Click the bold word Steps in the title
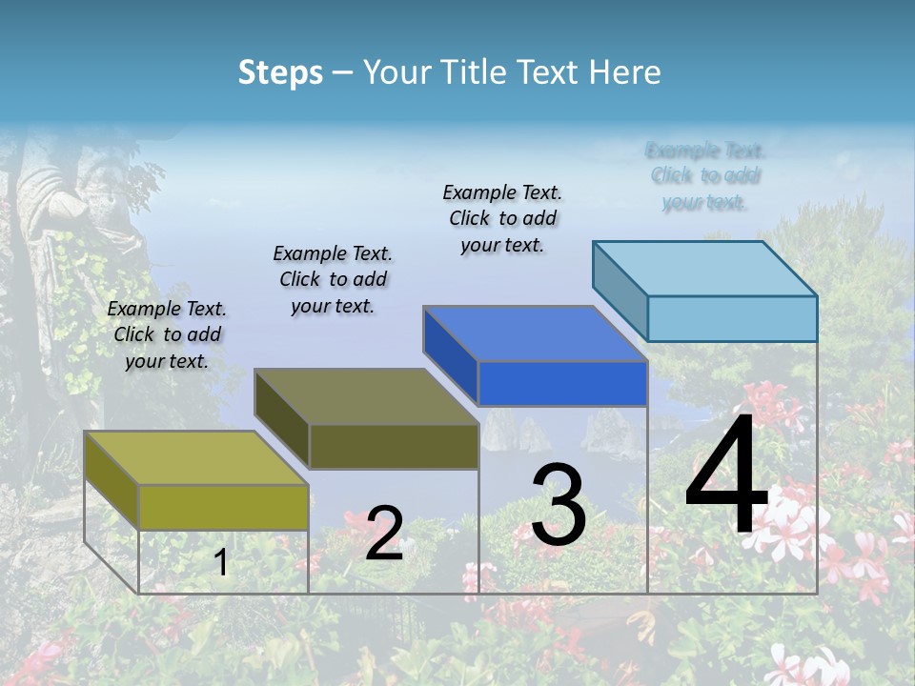click(280, 72)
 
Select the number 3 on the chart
click(559, 505)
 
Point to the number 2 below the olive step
click(384, 534)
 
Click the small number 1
click(221, 563)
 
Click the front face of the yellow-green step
click(223, 507)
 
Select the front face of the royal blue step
click(562, 384)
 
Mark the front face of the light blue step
click(732, 318)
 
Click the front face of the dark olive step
click(394, 446)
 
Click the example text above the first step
click(167, 334)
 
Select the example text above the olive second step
click(333, 279)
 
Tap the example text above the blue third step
click(502, 218)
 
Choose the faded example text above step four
click(705, 176)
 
